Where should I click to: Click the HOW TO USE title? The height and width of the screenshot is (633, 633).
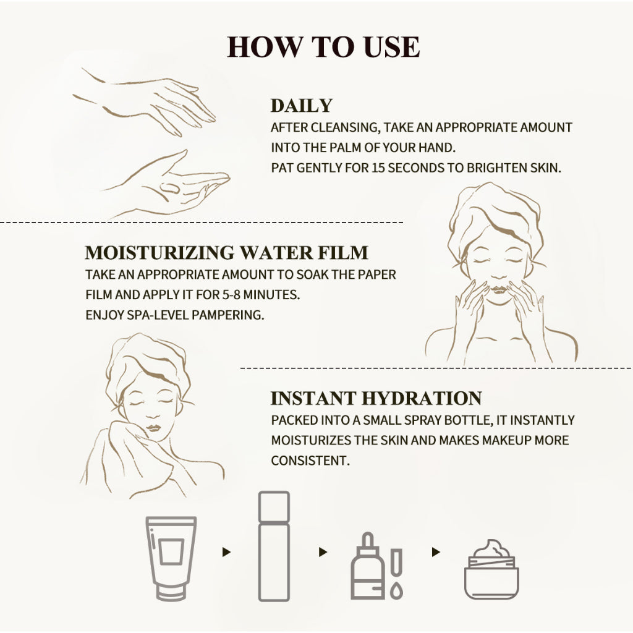[x=323, y=47]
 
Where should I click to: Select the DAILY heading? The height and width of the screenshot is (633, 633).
[x=301, y=106]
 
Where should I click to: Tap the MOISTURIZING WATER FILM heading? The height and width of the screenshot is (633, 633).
[x=226, y=253]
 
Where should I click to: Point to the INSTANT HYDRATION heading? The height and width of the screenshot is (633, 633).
[x=376, y=398]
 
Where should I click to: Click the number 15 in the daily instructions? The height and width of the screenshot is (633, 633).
[x=378, y=168]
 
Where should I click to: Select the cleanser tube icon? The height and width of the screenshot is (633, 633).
[x=171, y=558]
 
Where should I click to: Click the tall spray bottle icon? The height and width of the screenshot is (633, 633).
[x=274, y=546]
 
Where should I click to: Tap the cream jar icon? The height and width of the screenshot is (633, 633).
[x=491, y=569]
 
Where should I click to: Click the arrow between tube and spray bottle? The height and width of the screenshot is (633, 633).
[x=226, y=552]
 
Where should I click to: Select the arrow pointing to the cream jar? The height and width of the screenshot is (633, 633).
[x=436, y=552]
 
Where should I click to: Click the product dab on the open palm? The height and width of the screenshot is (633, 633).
[x=170, y=188]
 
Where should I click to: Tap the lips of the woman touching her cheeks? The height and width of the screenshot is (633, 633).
[x=499, y=290]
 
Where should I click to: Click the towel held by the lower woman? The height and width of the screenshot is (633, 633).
[x=134, y=460]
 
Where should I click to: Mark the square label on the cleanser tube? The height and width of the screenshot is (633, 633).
[x=171, y=551]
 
